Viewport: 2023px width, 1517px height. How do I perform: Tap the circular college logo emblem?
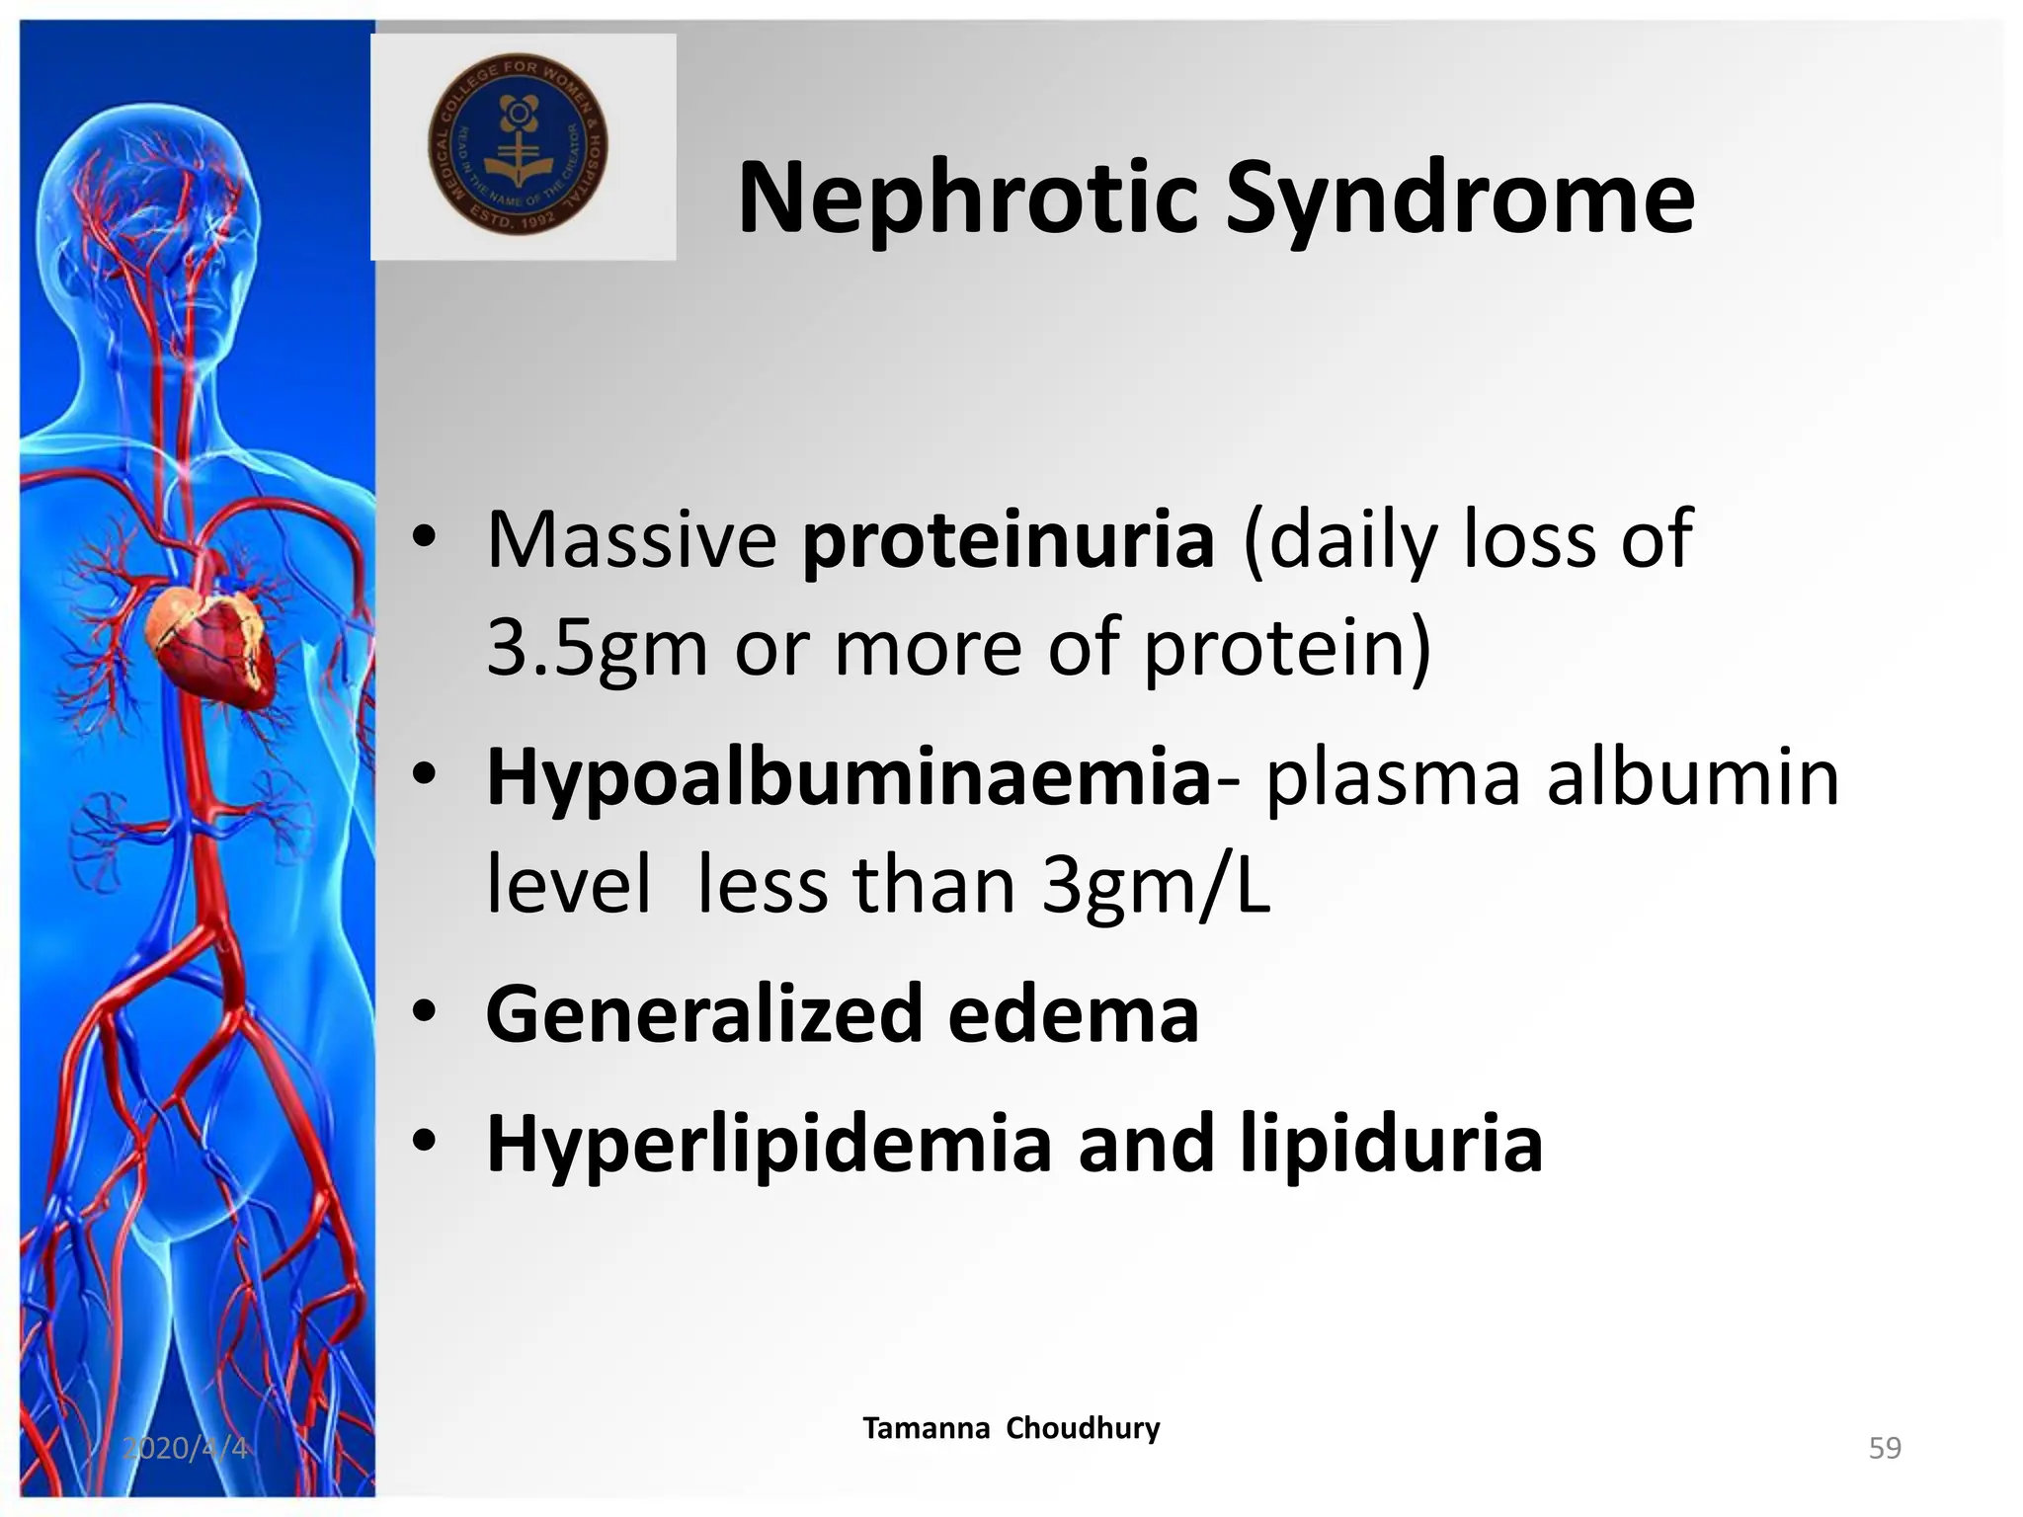point(518,144)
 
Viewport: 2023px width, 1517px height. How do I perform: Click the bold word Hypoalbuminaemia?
point(848,777)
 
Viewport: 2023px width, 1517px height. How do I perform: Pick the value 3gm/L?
point(1156,885)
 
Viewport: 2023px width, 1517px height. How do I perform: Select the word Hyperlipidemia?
point(769,1144)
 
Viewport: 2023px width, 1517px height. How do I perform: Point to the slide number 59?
point(1885,1448)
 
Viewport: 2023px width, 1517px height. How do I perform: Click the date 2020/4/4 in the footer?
point(185,1448)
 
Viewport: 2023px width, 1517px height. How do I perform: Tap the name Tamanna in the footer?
point(926,1428)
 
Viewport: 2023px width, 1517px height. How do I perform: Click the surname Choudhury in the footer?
point(1083,1428)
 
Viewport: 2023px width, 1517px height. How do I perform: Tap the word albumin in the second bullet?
point(1692,777)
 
